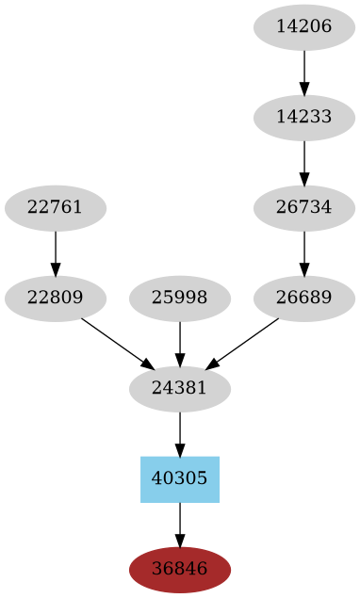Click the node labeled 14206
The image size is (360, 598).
click(304, 26)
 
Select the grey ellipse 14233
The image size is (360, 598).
click(304, 117)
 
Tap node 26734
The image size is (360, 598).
click(304, 207)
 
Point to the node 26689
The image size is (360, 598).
click(304, 298)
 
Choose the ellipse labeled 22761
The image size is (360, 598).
click(56, 207)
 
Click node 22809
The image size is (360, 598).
click(56, 298)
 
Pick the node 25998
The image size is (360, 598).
click(180, 298)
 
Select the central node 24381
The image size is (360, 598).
click(180, 388)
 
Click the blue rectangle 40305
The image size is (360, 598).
click(180, 478)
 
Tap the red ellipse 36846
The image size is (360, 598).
click(180, 569)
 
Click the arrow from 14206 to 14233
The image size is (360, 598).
click(304, 72)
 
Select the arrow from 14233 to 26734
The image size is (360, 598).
click(304, 162)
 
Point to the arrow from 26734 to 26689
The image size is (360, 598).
click(304, 252)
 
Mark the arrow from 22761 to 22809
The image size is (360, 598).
click(56, 252)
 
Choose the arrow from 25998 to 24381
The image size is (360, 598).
click(180, 343)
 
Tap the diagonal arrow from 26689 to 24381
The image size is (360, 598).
click(242, 343)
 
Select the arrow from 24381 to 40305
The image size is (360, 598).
click(180, 433)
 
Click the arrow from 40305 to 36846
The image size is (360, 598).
click(180, 524)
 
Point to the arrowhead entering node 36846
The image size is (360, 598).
click(180, 541)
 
